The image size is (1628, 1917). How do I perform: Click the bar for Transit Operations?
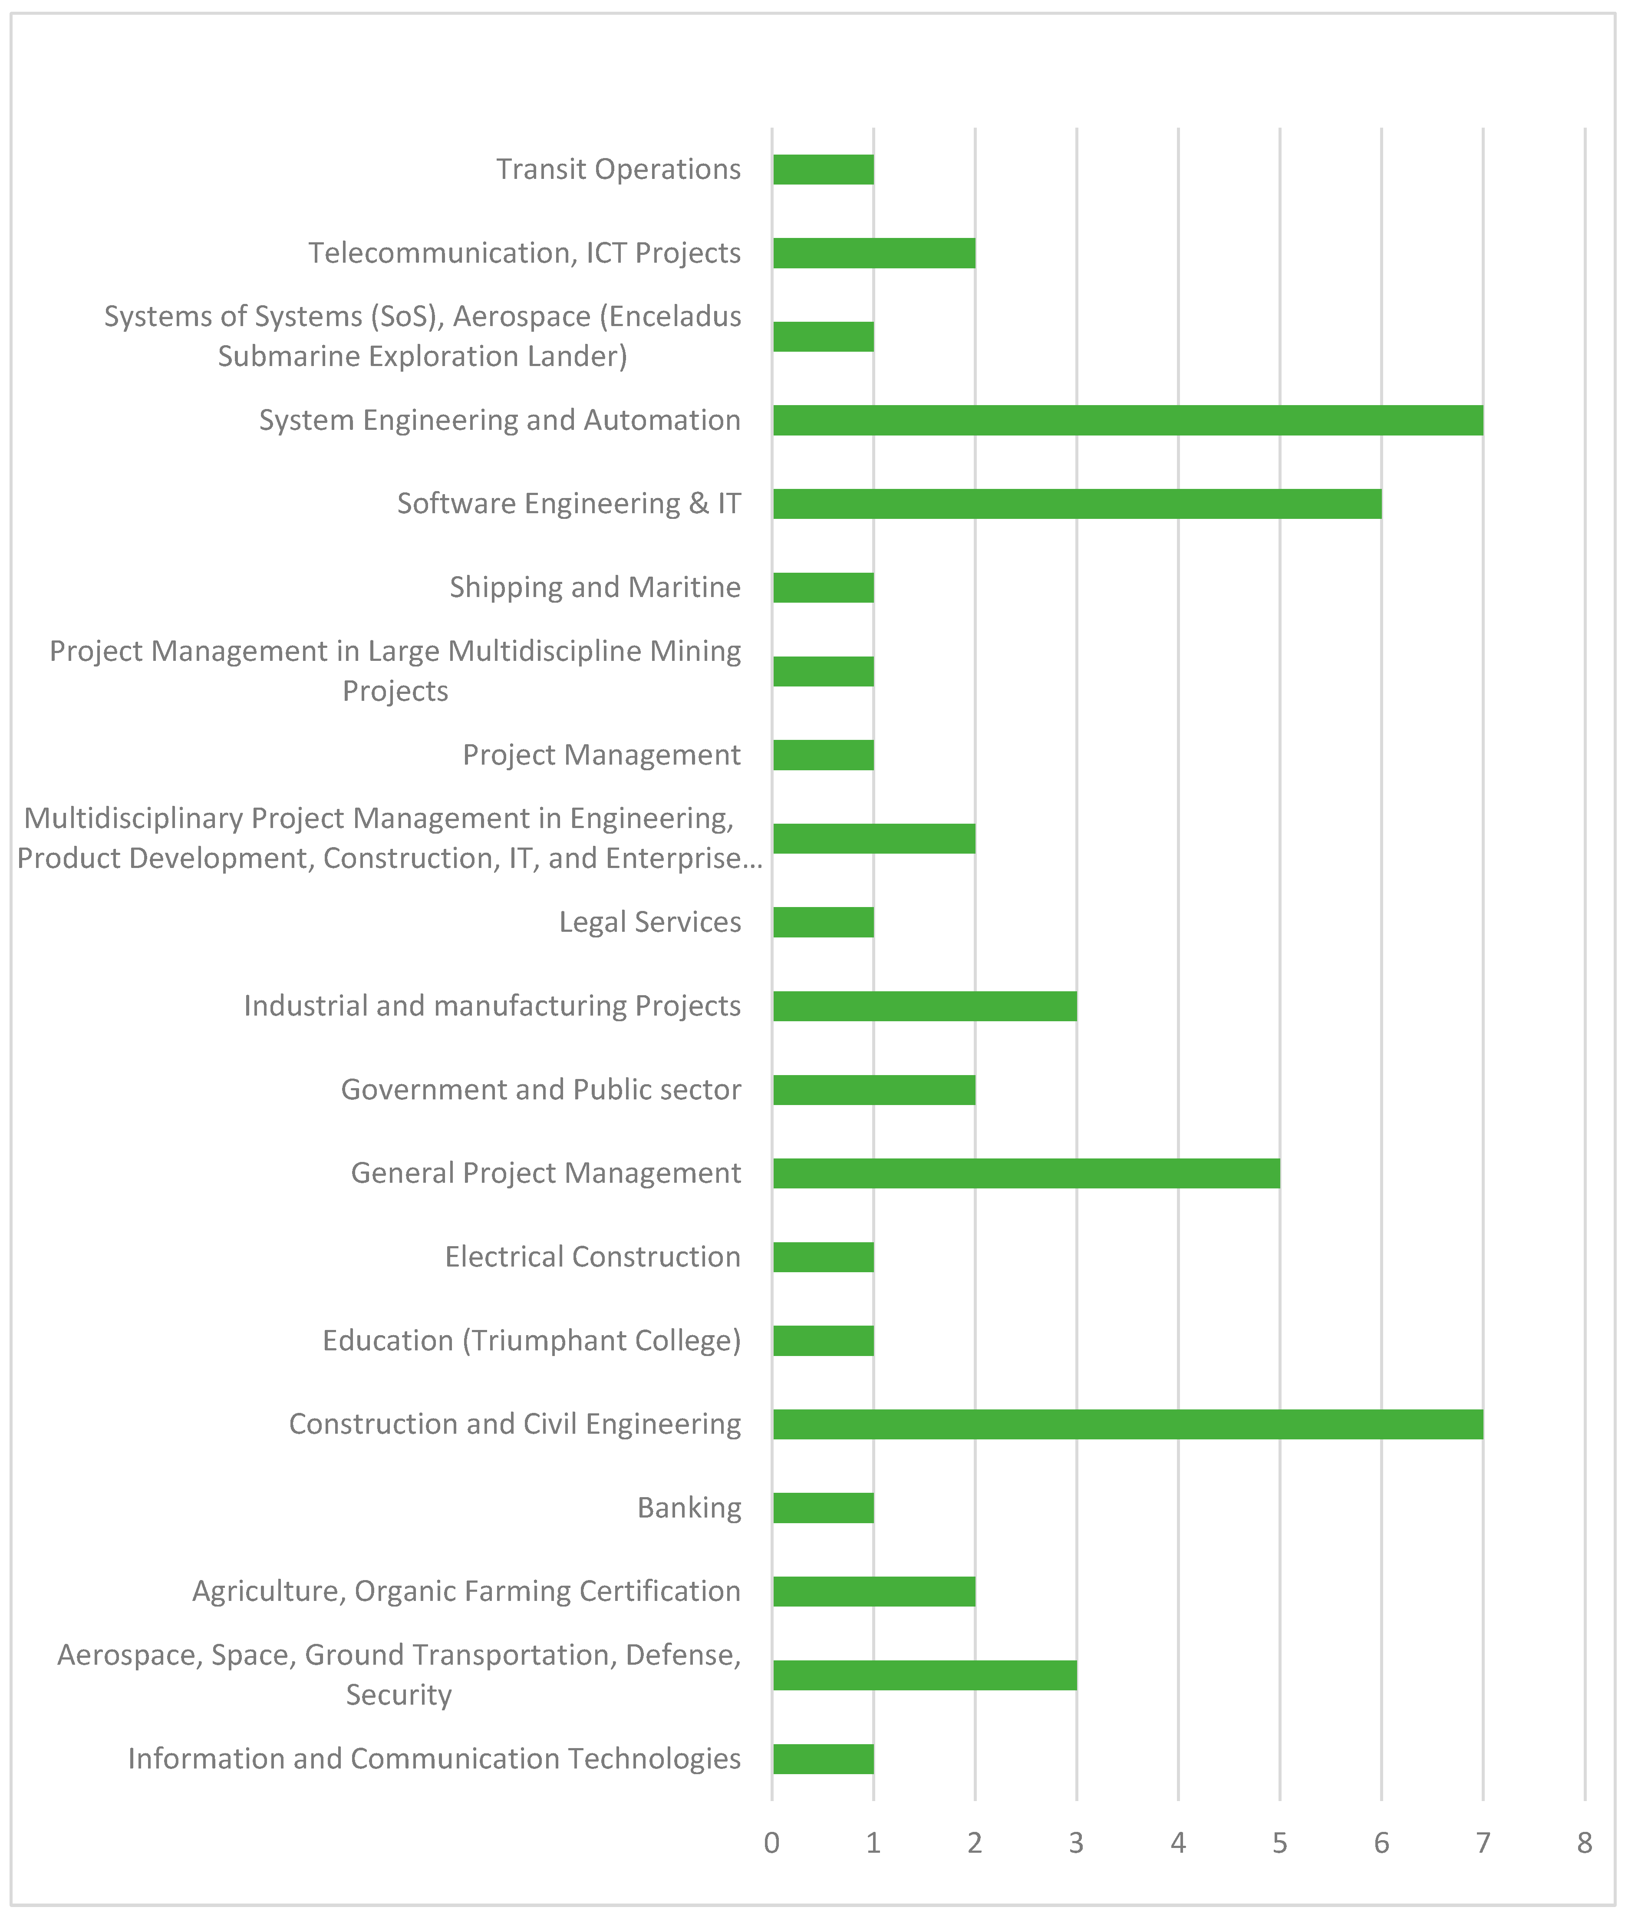point(823,170)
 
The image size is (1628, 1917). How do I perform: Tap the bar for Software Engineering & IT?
point(1077,504)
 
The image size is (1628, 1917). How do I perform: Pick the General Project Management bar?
point(1026,1173)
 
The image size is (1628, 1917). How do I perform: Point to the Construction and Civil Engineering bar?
point(1128,1424)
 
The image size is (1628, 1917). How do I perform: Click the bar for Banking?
point(823,1508)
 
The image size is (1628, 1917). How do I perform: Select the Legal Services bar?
point(823,922)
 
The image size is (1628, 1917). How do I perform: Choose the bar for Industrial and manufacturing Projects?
point(925,1006)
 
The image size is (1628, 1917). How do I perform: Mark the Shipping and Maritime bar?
point(823,588)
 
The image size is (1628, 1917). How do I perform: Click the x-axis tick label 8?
point(1585,1843)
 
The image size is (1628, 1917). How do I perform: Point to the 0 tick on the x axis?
point(772,1843)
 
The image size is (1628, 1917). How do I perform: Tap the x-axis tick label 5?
point(1280,1843)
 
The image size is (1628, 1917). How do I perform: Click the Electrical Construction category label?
point(593,1257)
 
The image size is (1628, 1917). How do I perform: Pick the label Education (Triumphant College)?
point(531,1340)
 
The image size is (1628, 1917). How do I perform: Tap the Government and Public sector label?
point(541,1090)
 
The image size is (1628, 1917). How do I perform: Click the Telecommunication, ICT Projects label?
point(524,253)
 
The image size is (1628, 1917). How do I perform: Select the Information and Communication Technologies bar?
point(823,1759)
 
